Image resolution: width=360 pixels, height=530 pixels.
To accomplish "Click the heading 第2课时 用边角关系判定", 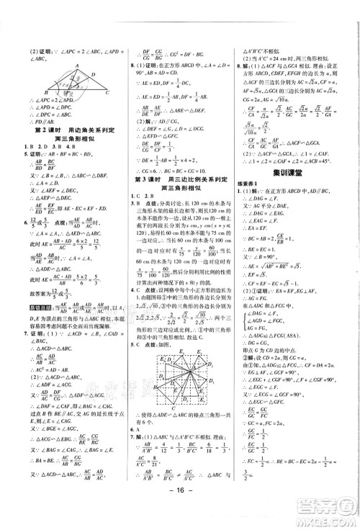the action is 64,130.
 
